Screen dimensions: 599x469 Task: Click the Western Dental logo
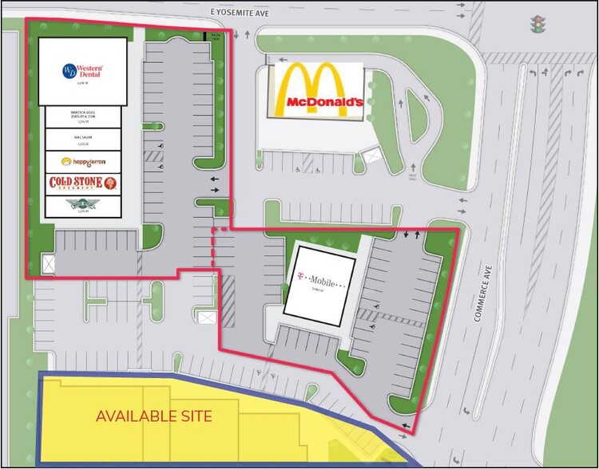[x=83, y=71]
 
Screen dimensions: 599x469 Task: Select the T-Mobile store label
[x=320, y=281]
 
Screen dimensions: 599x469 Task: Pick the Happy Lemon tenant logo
[x=83, y=161]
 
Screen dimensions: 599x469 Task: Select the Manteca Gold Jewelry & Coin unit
[x=83, y=117]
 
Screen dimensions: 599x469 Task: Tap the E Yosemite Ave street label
[x=238, y=14]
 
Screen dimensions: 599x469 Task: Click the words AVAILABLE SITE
[x=155, y=416]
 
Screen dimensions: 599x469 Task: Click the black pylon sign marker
[x=209, y=36]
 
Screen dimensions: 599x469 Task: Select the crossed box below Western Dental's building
[x=50, y=262]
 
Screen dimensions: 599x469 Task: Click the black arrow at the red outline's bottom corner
[x=408, y=427]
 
